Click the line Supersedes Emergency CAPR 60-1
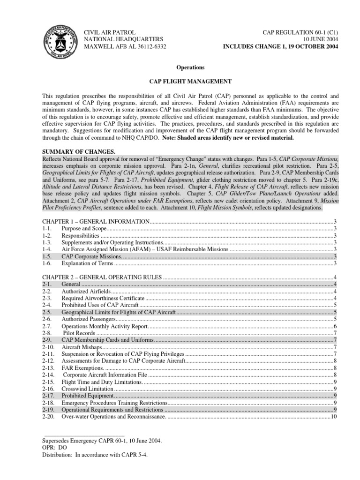tap(102, 441)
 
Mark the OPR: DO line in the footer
tap(55, 448)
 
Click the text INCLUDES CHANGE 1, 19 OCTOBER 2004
tap(281, 46)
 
